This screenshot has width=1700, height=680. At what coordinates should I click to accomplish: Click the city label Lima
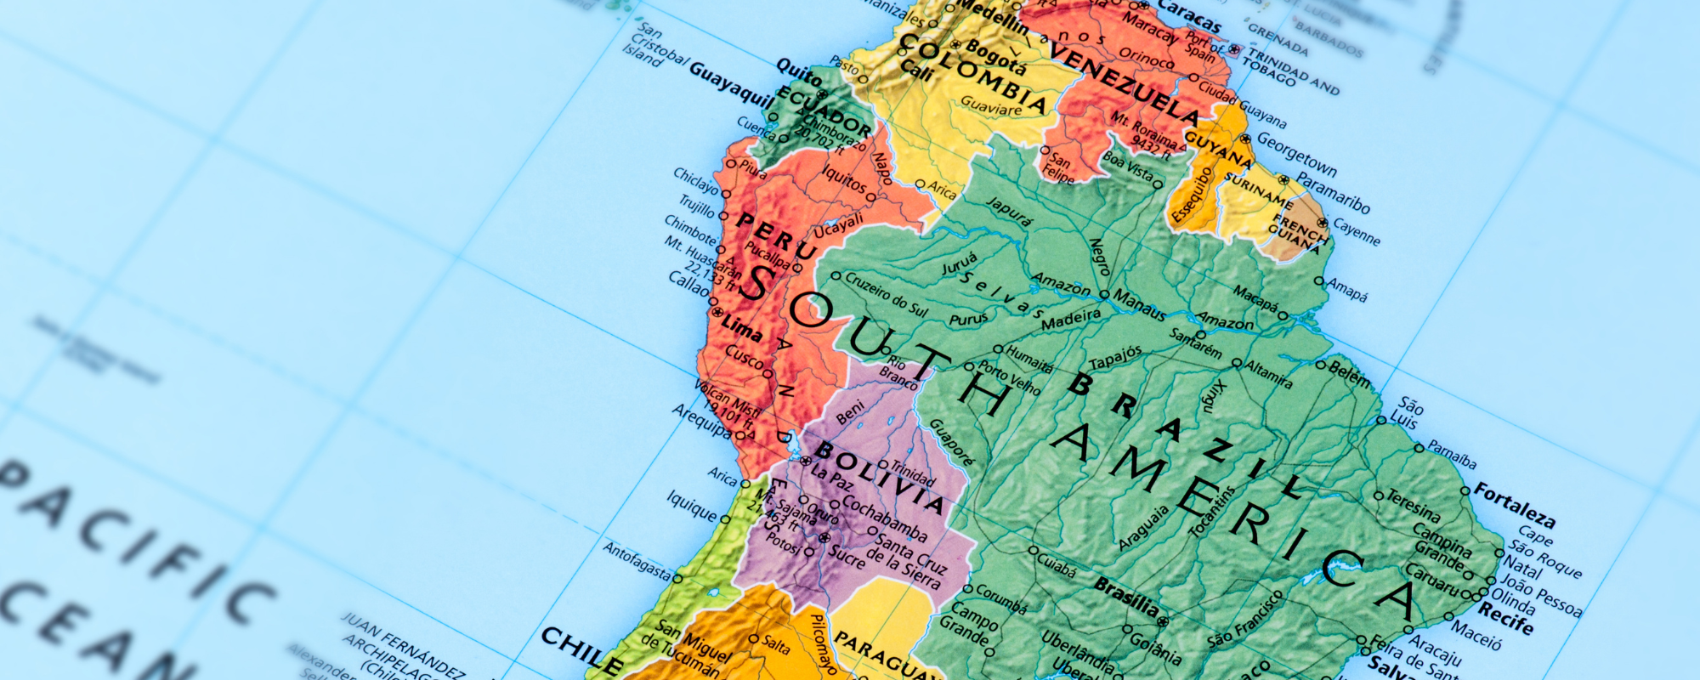pos(743,327)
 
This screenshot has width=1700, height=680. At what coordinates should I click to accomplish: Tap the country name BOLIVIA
pos(879,477)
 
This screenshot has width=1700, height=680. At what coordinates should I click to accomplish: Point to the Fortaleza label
pos(1514,505)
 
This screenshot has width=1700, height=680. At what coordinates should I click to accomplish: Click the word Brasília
pos(1125,596)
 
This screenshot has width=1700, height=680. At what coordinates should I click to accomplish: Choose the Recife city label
pos(1505,619)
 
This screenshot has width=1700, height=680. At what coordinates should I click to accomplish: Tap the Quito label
pos(799,74)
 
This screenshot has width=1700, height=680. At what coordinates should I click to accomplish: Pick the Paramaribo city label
pos(1333,193)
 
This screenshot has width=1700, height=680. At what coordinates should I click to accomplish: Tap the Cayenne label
pos(1357,231)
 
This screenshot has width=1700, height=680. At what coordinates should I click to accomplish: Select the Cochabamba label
pos(884,517)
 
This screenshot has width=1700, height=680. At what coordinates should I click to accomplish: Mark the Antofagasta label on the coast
pos(637,561)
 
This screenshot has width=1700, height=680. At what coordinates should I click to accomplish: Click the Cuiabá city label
pos(1057,565)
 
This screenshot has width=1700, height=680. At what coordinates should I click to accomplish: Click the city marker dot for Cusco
pos(768,374)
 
